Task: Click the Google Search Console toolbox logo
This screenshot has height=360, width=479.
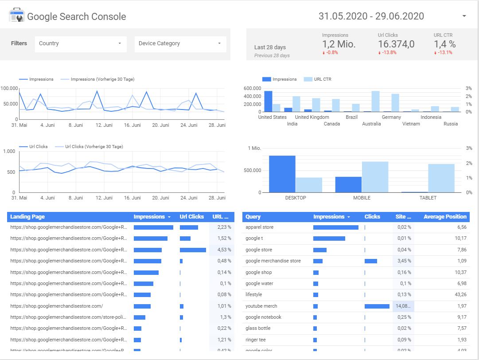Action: click(17, 16)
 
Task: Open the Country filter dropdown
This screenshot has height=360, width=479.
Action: click(80, 43)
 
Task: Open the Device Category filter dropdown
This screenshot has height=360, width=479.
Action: click(180, 43)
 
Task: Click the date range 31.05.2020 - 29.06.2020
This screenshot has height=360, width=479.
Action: click(371, 16)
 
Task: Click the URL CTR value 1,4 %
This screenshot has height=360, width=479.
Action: click(444, 44)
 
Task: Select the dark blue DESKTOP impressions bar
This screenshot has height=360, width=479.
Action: click(282, 174)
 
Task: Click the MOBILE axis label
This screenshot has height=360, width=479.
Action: click(362, 198)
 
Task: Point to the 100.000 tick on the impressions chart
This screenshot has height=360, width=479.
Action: click(9, 88)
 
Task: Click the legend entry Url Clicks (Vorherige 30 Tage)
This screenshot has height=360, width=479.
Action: click(93, 146)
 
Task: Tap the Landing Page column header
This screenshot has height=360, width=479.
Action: click(27, 217)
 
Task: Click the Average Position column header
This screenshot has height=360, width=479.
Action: click(444, 217)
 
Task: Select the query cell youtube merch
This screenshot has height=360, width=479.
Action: click(262, 306)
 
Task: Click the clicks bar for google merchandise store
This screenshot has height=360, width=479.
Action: click(370, 261)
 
